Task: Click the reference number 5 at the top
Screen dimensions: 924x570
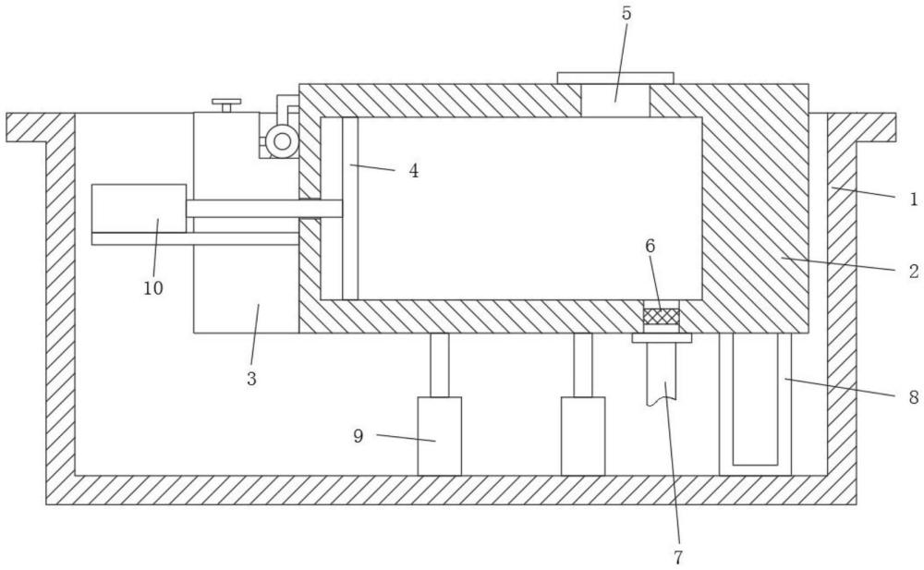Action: pyautogui.click(x=626, y=14)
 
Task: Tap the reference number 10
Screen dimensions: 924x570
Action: pyautogui.click(x=153, y=287)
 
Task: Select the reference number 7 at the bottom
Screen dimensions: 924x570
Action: pyautogui.click(x=677, y=556)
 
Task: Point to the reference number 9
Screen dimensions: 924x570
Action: pyautogui.click(x=359, y=436)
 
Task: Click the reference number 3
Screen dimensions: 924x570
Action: pyautogui.click(x=251, y=379)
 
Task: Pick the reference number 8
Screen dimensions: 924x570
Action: pyautogui.click(x=914, y=398)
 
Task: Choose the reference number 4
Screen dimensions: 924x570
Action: pyautogui.click(x=414, y=171)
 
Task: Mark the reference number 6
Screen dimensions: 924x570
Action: pyautogui.click(x=650, y=247)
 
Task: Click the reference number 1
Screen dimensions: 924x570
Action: pyautogui.click(x=914, y=200)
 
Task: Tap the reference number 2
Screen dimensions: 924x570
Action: pyautogui.click(x=914, y=272)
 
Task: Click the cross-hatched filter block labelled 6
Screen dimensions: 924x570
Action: pyautogui.click(x=662, y=317)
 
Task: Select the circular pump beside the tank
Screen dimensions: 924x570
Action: pyautogui.click(x=282, y=141)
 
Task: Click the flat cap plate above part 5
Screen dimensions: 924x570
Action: pyautogui.click(x=615, y=78)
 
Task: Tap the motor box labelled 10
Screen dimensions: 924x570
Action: pyautogui.click(x=140, y=208)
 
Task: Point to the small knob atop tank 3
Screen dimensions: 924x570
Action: pyautogui.click(x=226, y=105)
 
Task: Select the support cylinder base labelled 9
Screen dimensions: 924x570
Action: pyautogui.click(x=440, y=436)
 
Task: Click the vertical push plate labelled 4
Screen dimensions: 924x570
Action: pyautogui.click(x=350, y=209)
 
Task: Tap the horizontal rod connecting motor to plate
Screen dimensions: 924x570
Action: pyautogui.click(x=264, y=209)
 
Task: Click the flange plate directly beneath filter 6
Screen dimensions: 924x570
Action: pyautogui.click(x=662, y=338)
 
